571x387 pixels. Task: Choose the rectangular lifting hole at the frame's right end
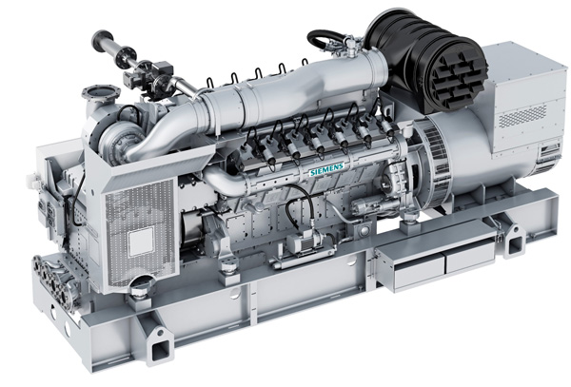(515, 246)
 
